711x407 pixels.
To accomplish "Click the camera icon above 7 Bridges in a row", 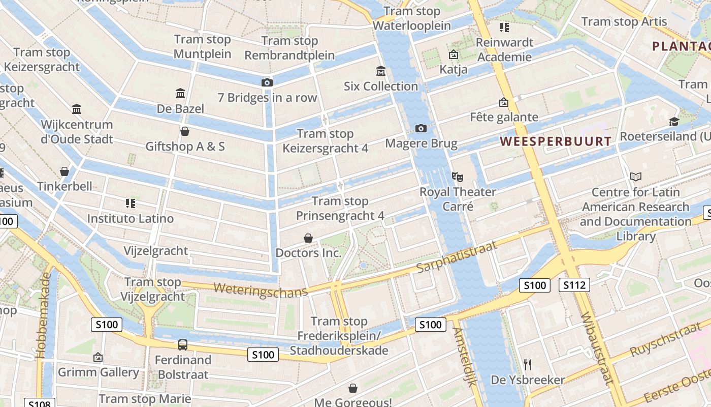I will (267, 82).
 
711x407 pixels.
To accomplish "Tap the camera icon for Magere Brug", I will (421, 128).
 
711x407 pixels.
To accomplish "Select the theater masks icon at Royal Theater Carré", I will (458, 177).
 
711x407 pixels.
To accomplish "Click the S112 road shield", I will (574, 285).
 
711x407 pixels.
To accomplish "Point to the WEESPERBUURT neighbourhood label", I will (556, 141).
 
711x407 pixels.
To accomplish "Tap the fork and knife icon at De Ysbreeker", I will (528, 364).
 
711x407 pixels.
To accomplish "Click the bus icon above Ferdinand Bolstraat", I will (183, 345).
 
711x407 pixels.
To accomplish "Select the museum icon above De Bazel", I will (180, 93).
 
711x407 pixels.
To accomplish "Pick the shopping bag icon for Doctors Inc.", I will (308, 238).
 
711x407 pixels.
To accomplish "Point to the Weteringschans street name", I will (261, 289).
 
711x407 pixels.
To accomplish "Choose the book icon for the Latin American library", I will (635, 177).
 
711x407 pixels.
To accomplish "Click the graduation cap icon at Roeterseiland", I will (674, 122).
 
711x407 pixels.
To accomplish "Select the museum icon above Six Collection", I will (380, 71).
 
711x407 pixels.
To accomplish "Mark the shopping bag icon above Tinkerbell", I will (64, 171).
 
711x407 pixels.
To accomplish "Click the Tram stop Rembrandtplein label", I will (289, 48).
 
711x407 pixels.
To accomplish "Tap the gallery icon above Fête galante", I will (503, 102).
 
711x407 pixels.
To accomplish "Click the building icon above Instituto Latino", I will (130, 203).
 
